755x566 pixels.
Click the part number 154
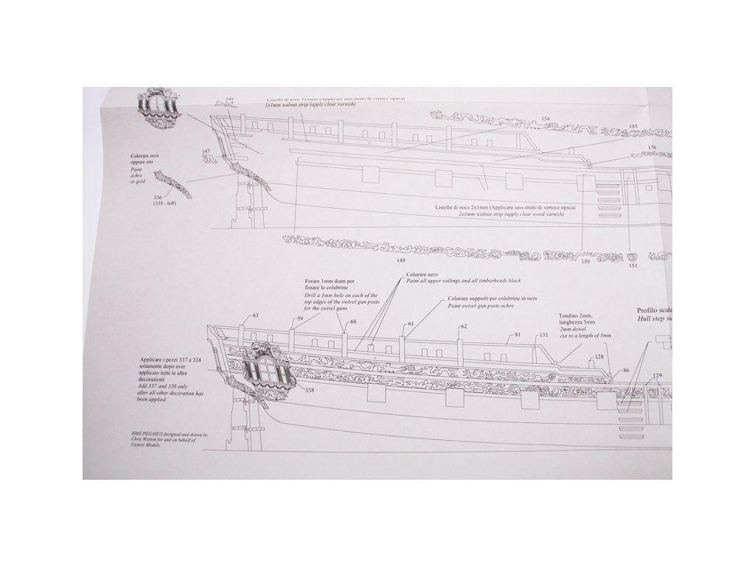click(546, 119)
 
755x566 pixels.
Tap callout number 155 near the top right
click(633, 126)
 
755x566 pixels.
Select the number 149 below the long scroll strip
click(401, 259)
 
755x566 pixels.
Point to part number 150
click(585, 260)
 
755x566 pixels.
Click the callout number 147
click(206, 152)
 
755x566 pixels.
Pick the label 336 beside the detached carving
click(157, 197)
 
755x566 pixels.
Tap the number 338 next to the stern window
click(309, 390)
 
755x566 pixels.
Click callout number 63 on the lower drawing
click(256, 316)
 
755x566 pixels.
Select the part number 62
click(464, 326)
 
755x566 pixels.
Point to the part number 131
click(543, 335)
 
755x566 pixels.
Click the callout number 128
click(599, 357)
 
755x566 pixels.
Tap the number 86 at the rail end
click(625, 371)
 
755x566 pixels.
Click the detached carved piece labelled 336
click(178, 183)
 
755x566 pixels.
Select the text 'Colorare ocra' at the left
click(144, 156)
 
